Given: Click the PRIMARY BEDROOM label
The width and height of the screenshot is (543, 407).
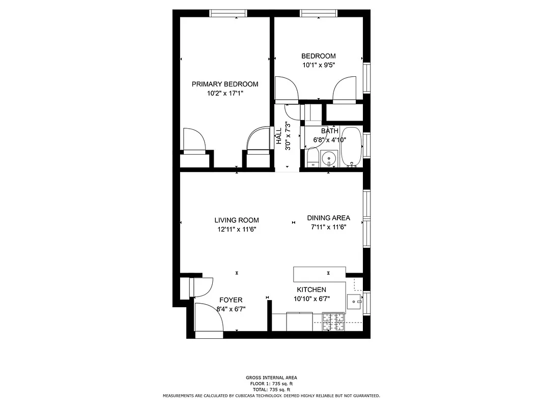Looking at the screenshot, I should coord(224,84).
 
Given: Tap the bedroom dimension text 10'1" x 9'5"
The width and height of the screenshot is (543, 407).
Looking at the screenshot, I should coord(318,65).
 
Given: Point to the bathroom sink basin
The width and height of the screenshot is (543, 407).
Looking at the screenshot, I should coord(330,159).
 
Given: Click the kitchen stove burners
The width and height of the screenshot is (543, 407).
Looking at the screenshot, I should coord(333,322).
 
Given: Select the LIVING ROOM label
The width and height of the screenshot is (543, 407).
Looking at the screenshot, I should coord(236,220).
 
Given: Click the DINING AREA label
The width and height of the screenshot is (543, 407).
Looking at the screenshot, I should coord(328,218).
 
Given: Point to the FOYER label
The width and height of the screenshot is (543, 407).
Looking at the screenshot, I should coord(231,300).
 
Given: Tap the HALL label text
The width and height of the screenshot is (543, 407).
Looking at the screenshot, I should coord(279,136).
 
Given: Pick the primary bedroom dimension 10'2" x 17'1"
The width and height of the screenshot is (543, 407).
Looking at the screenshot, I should coord(224,94).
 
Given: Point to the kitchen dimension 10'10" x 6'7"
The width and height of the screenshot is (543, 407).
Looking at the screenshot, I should coord(311,299).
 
